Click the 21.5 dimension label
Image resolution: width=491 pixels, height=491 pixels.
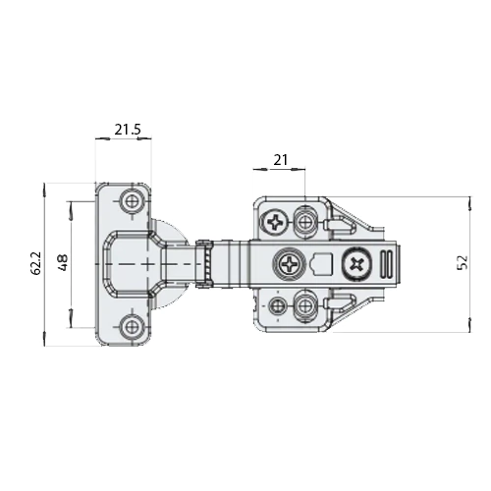(x=128, y=130)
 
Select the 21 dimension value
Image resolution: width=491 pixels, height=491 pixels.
(x=281, y=160)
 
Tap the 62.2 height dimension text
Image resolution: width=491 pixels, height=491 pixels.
(x=36, y=263)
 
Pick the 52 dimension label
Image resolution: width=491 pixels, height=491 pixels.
(x=463, y=262)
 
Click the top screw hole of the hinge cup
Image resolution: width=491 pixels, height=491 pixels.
(x=133, y=201)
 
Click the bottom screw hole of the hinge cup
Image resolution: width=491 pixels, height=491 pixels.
(x=133, y=326)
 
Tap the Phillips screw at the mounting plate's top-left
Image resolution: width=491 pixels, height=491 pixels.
(x=274, y=223)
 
